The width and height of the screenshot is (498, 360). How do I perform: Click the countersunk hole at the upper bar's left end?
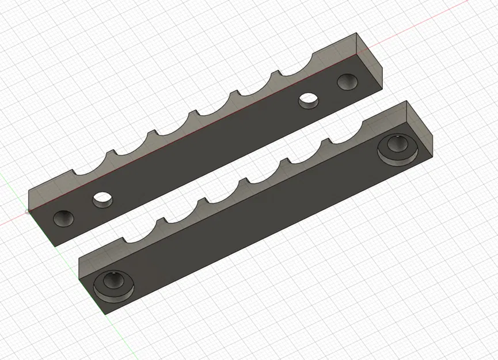click(63, 218)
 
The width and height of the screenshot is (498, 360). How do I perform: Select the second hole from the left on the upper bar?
click(103, 199)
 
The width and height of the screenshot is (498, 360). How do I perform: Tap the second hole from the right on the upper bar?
click(309, 100)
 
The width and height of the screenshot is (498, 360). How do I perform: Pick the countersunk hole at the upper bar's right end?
click(347, 81)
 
